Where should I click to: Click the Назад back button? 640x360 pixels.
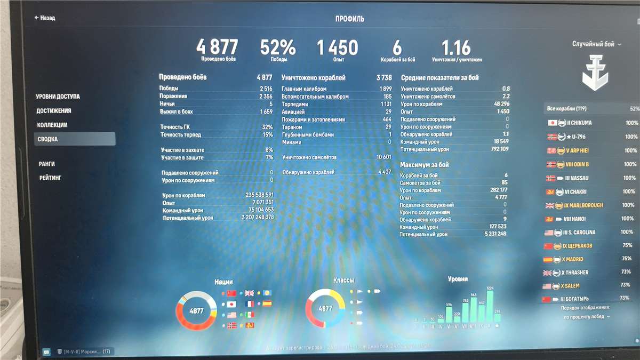point(45,18)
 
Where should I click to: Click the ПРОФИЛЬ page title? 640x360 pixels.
point(350,19)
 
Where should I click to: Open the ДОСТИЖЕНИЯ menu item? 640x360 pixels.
point(54,111)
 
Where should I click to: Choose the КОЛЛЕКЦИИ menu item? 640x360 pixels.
point(52,125)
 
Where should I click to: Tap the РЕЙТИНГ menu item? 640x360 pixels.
point(50,178)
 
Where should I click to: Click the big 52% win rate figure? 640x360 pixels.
point(277,47)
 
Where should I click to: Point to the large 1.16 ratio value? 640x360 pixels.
point(456,47)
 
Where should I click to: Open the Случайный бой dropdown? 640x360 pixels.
point(597,44)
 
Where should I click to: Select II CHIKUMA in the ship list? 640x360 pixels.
point(578,123)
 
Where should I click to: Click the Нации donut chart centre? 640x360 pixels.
point(196,310)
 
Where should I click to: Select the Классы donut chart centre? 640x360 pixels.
point(325,309)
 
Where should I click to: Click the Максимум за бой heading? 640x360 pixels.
point(427,165)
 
